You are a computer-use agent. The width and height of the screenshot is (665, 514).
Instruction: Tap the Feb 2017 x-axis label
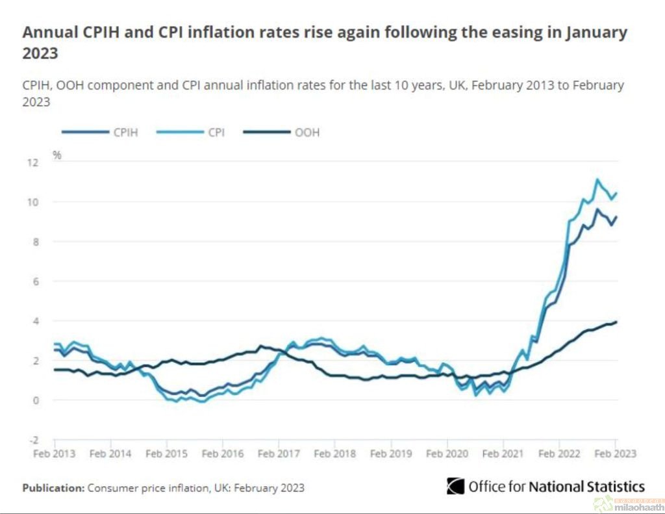click(279, 454)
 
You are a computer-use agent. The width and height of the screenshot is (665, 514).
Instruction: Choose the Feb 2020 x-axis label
click(447, 454)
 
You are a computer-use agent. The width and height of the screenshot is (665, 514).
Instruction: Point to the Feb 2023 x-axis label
click(614, 454)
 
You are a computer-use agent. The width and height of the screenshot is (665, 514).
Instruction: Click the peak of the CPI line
click(597, 180)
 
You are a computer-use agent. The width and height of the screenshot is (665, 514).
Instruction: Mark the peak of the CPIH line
click(597, 209)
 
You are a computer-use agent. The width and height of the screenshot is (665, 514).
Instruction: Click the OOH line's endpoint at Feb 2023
click(616, 322)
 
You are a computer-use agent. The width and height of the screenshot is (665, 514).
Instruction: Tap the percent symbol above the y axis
click(57, 155)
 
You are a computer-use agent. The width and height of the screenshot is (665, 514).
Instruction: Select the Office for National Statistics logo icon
click(455, 486)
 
